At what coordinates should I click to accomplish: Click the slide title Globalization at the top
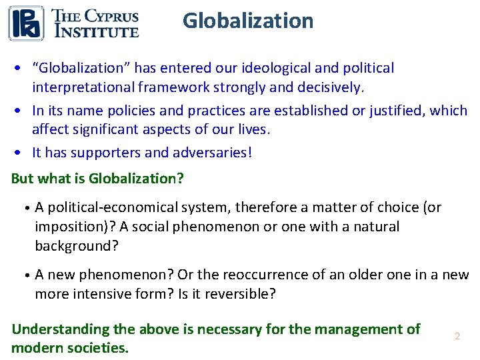248,21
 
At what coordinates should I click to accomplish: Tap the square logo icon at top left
26,23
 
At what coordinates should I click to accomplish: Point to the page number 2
457,337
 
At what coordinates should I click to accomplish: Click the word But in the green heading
22,179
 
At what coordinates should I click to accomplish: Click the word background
76,245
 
